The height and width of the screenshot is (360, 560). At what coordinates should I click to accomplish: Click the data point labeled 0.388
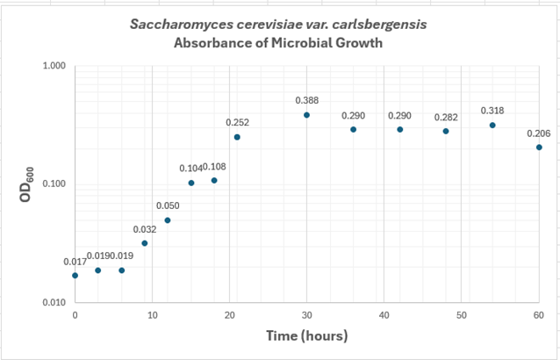(x=307, y=115)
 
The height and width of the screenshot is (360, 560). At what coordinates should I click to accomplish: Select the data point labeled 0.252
(x=237, y=137)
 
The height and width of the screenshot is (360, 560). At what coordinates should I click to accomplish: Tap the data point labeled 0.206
(x=539, y=148)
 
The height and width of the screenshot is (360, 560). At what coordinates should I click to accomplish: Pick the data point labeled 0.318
(x=492, y=126)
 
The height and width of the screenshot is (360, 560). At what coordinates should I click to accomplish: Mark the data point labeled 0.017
(x=75, y=276)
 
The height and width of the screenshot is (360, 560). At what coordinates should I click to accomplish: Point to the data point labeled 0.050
(x=168, y=220)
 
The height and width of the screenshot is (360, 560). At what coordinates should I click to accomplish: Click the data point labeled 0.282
(x=446, y=131)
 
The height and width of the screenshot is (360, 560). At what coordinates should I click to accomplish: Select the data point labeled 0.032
(x=145, y=243)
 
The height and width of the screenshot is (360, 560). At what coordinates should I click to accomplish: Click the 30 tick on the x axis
(x=307, y=315)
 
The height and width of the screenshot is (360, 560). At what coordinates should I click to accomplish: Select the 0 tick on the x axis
(x=75, y=315)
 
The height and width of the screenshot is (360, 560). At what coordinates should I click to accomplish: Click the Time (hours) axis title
(x=307, y=336)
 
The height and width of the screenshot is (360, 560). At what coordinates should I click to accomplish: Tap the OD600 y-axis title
(x=25, y=184)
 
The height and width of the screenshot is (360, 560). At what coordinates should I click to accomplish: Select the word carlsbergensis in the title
(x=383, y=25)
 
